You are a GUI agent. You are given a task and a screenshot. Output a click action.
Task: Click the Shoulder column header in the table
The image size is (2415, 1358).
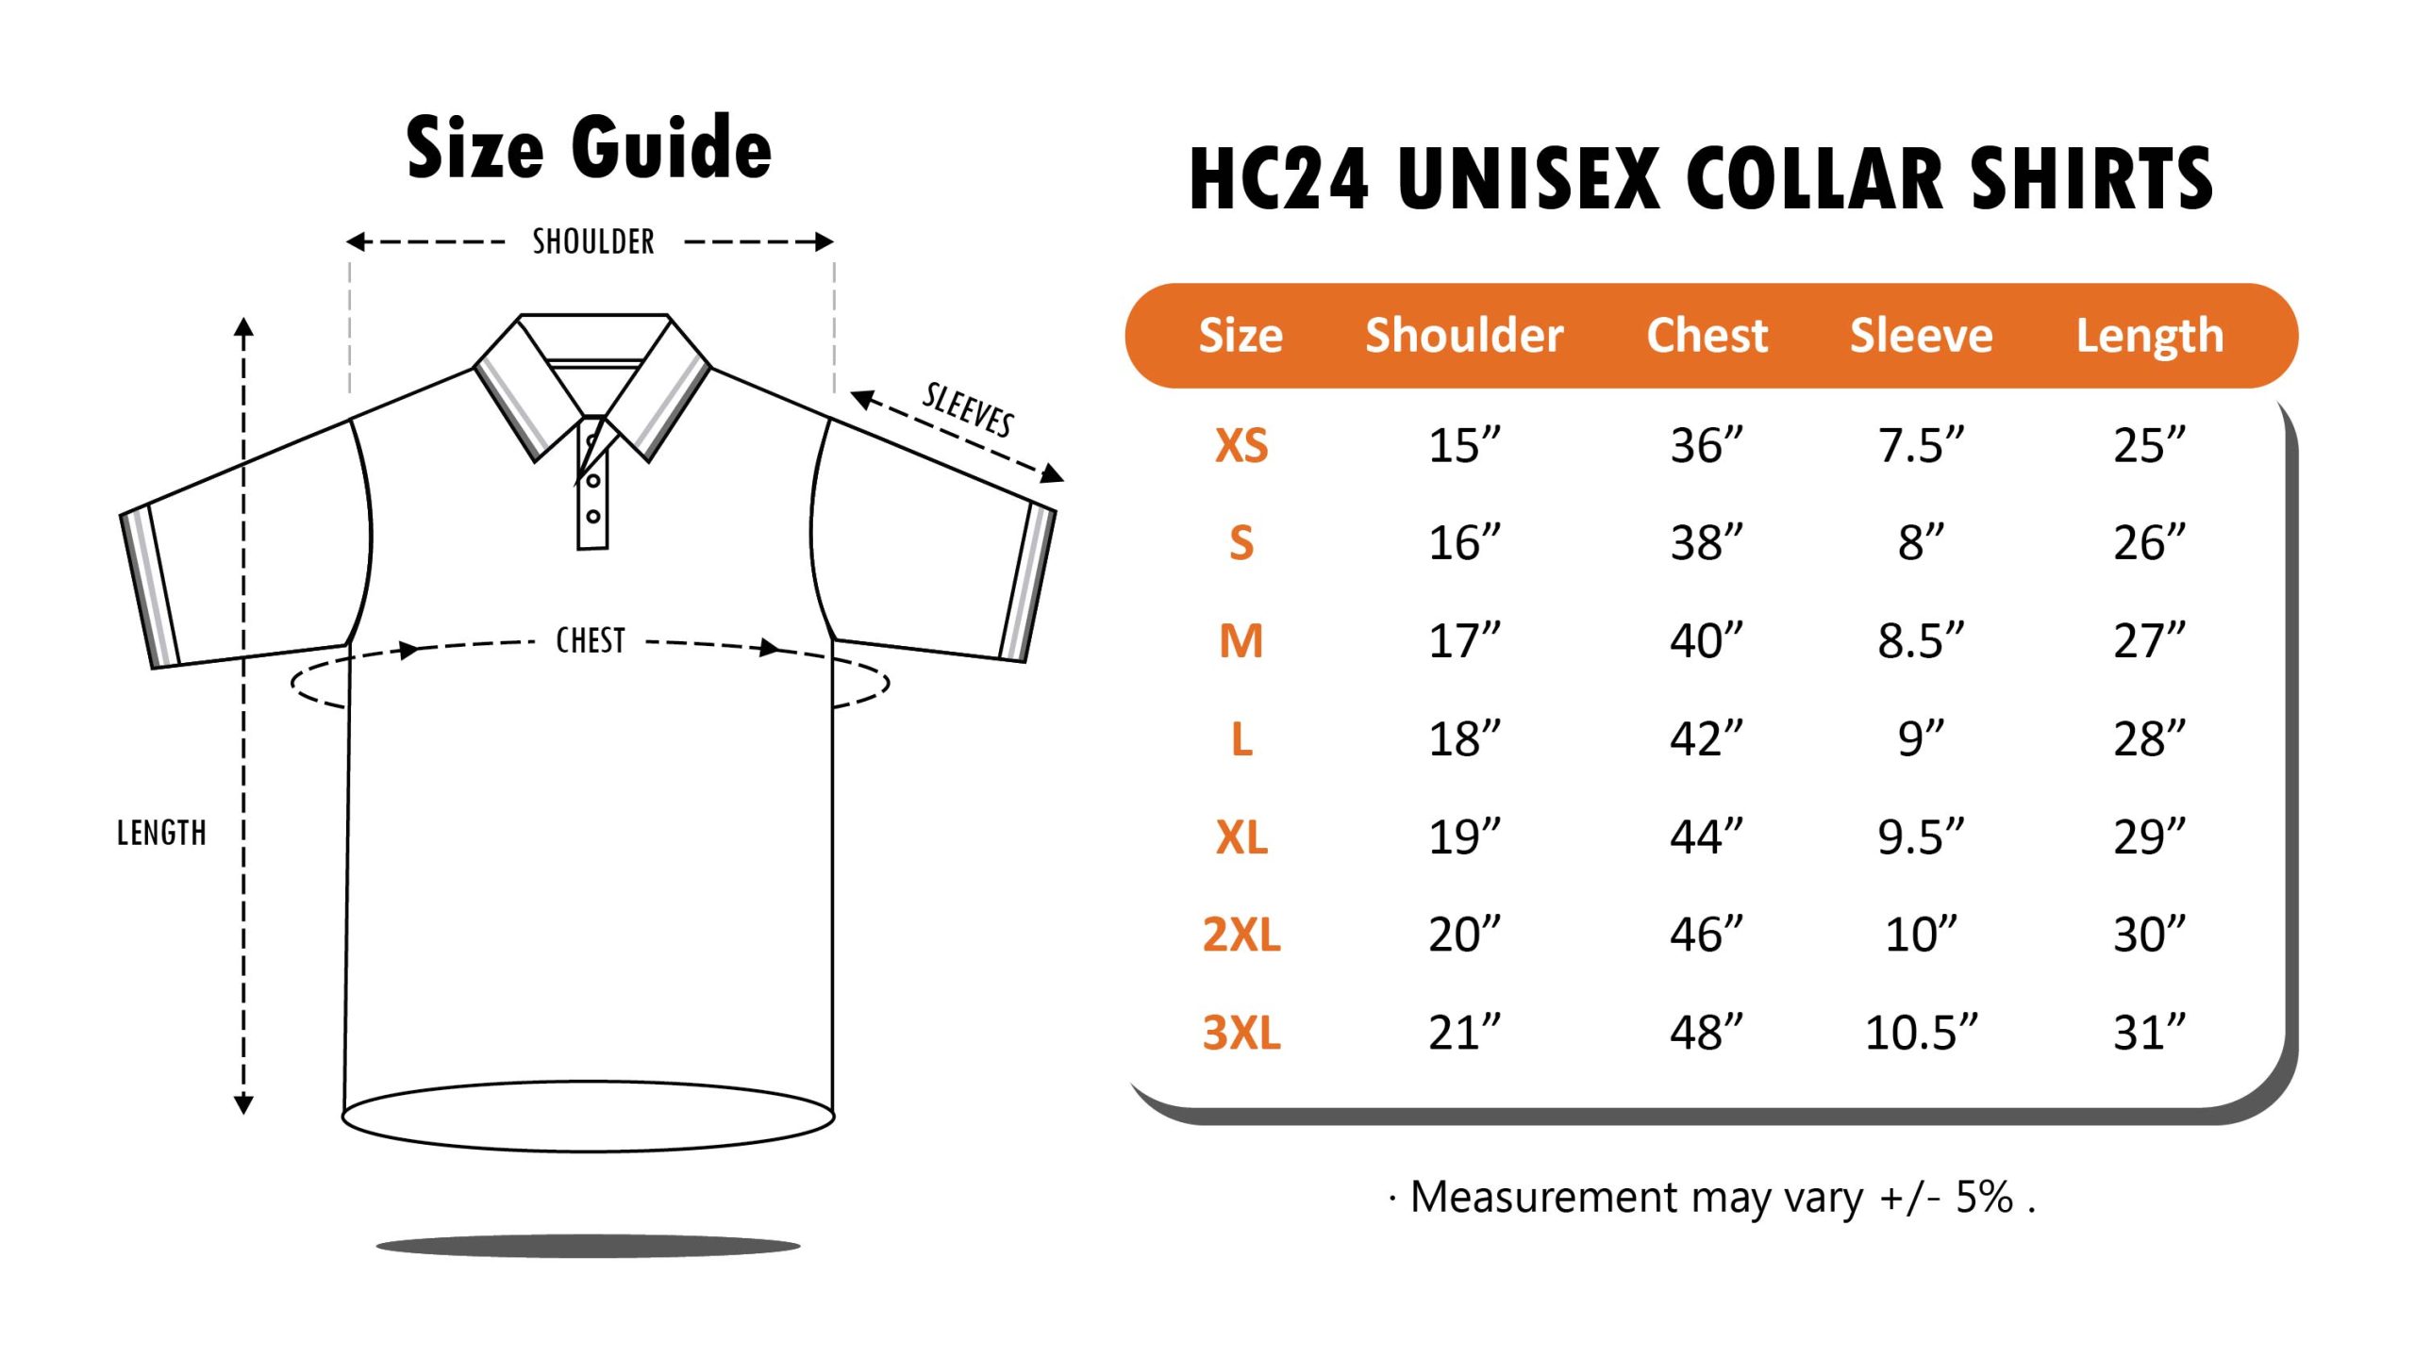[x=1464, y=336]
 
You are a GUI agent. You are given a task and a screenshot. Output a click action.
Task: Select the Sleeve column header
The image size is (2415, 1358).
[x=1921, y=336]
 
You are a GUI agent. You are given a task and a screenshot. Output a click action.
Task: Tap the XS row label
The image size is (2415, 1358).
[x=1241, y=445]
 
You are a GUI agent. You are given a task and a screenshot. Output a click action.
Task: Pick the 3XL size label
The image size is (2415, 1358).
[x=1241, y=1033]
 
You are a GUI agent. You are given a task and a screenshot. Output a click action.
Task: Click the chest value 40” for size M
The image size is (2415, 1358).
[x=1707, y=641]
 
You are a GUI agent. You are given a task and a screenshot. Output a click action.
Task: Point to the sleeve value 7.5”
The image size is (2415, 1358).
[x=1921, y=445]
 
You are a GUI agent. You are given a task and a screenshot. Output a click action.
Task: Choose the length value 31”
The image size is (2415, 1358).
[x=2149, y=1033]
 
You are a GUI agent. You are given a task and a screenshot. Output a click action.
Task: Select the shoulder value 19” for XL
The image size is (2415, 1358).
[x=1464, y=836]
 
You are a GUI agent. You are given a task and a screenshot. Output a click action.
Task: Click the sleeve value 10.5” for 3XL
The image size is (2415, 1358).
[x=1921, y=1033]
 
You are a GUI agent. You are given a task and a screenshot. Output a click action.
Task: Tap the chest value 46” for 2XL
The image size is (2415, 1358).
[x=1707, y=935]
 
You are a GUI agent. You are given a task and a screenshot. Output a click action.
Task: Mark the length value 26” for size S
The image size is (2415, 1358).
[x=2149, y=543]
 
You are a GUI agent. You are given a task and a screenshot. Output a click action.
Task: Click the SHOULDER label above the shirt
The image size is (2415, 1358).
[x=593, y=242]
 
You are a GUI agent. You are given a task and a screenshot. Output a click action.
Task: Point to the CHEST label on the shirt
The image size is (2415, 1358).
[x=591, y=641]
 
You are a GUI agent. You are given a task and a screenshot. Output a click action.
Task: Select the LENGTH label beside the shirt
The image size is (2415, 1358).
[x=161, y=834]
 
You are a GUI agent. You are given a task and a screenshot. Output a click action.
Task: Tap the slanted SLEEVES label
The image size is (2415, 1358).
[x=968, y=410]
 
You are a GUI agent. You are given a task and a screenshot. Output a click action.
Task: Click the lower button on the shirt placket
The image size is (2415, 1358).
[x=593, y=517]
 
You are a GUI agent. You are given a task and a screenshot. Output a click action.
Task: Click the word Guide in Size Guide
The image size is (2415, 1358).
[x=672, y=148]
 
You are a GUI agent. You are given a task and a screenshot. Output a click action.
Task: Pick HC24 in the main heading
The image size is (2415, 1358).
[x=1278, y=179]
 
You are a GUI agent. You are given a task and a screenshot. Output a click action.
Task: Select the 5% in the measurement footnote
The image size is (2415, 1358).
[x=1984, y=1198]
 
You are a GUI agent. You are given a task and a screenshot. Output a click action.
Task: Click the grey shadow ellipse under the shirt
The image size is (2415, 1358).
[x=588, y=1247]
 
